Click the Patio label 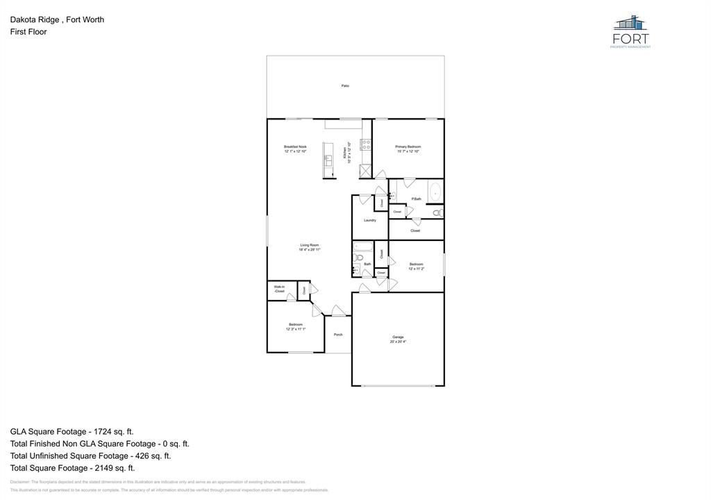(345, 85)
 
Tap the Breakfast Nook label (295, 147)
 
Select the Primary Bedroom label (408, 147)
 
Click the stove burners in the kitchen (365, 145)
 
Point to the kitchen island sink (328, 160)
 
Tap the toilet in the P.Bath (437, 212)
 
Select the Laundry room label (370, 220)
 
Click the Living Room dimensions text (310, 249)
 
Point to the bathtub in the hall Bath (363, 246)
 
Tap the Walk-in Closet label (279, 289)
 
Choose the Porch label (338, 335)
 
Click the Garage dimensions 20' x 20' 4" (398, 342)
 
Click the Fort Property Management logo (630, 31)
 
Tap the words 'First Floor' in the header (28, 32)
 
